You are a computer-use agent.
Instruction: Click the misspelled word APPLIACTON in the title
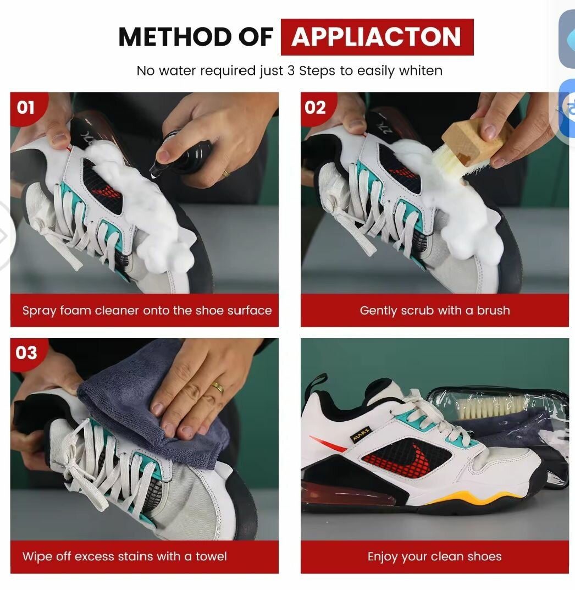coord(376,36)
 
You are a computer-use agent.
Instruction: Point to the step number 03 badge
coord(26,353)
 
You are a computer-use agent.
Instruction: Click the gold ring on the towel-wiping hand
coord(218,388)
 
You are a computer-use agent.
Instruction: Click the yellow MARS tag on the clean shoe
coord(361,434)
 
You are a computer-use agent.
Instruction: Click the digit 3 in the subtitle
coord(291,71)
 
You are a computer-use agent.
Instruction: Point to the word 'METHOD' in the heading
coord(174,37)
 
